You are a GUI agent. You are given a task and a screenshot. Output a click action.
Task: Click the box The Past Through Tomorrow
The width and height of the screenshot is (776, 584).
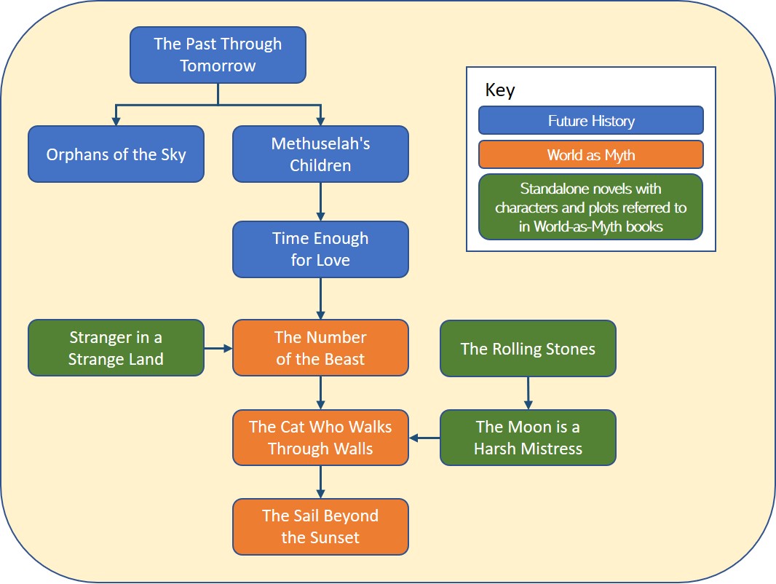[218, 55]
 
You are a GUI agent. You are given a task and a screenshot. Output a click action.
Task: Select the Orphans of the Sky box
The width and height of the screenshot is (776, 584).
[116, 154]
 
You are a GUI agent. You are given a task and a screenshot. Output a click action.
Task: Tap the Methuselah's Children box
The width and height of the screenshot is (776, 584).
[320, 154]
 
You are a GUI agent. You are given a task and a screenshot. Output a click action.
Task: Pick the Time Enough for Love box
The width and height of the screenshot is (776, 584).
[320, 249]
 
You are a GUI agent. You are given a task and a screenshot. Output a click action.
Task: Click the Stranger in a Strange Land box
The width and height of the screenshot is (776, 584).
[116, 348]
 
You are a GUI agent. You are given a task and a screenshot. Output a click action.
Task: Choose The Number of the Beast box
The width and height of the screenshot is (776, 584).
[320, 348]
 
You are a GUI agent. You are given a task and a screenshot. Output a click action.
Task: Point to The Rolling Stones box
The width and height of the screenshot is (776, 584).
[528, 349]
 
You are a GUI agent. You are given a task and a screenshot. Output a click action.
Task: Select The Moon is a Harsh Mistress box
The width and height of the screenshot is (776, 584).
[528, 438]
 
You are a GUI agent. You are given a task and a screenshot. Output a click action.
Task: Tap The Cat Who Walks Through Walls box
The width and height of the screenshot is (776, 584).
[320, 438]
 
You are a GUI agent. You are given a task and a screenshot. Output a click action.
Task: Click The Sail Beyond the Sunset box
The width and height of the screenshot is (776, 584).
[320, 526]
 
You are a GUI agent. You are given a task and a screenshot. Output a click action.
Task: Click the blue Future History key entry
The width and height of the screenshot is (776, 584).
[590, 121]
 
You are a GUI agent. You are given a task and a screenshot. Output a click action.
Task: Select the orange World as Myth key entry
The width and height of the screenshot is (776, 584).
[590, 154]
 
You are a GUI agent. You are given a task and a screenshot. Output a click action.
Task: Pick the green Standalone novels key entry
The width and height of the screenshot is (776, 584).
[590, 207]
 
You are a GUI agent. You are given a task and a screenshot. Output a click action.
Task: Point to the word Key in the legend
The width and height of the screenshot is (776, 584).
[500, 90]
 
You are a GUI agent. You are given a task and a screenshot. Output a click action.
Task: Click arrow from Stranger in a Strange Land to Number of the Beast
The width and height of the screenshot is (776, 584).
[218, 348]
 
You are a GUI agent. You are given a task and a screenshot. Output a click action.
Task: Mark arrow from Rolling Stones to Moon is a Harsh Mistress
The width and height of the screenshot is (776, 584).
[528, 393]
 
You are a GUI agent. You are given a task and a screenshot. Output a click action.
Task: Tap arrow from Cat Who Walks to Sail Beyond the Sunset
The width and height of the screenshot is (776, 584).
[320, 482]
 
